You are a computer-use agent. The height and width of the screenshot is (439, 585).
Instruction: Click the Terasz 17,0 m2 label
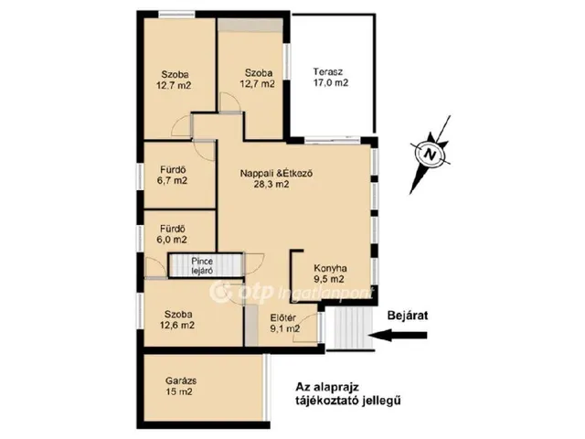click(331, 77)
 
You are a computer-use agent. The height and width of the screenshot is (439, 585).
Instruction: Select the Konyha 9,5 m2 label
click(330, 273)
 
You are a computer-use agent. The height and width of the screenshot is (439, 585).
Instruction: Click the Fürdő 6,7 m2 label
click(173, 175)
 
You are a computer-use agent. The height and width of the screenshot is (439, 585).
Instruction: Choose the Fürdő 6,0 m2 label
click(173, 234)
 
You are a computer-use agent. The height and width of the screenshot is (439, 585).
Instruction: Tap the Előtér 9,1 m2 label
click(285, 323)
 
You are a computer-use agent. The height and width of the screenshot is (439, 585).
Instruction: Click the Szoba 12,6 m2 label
click(177, 319)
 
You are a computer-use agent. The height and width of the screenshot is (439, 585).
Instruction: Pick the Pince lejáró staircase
click(206, 265)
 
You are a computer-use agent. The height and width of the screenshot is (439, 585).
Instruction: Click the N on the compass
click(431, 154)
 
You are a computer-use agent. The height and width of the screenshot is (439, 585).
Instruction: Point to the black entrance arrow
click(399, 335)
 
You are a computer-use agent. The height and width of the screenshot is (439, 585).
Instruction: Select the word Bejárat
click(408, 316)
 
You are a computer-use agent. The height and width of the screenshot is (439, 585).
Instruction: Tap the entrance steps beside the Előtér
click(350, 328)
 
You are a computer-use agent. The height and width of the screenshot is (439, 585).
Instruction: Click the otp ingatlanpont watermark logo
click(292, 293)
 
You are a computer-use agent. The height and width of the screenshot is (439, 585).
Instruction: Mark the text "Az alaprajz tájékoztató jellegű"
click(348, 393)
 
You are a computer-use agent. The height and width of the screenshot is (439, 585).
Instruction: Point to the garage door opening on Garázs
click(266, 387)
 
